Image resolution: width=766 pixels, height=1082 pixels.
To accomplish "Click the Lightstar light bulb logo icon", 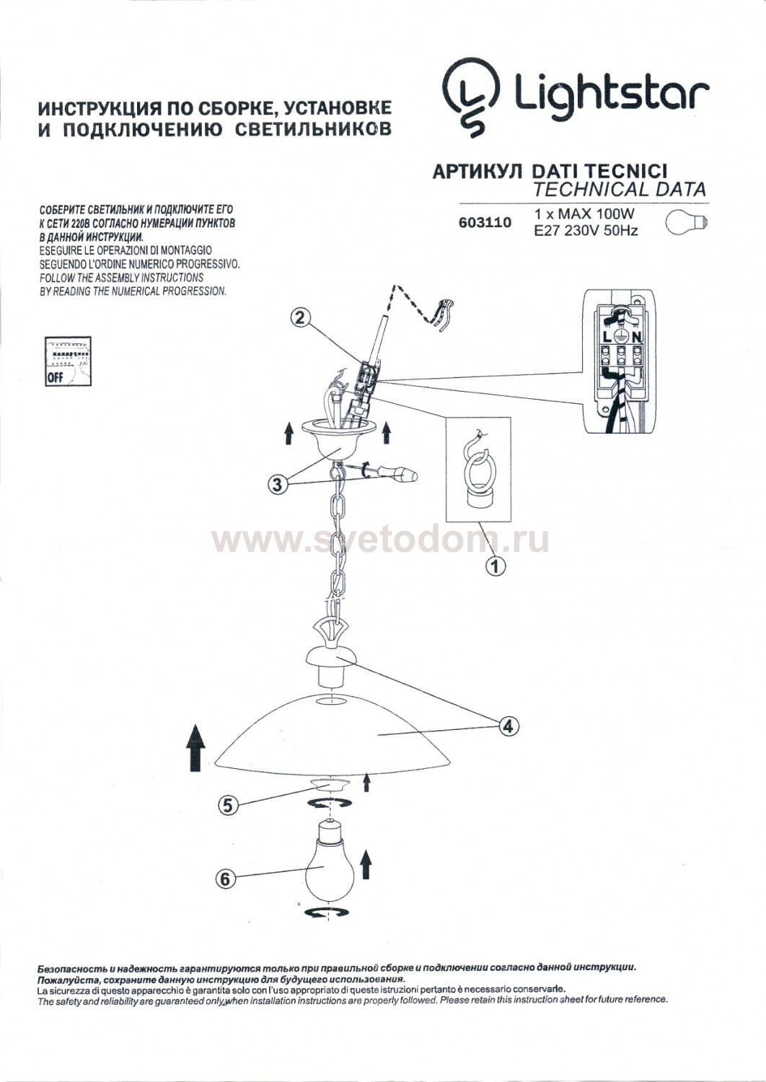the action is click(x=472, y=96).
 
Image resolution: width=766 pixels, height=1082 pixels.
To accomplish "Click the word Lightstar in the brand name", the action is click(x=612, y=95).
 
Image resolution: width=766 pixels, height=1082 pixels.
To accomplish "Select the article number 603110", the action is click(x=485, y=223).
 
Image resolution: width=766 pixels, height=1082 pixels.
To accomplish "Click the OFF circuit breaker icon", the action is click(x=68, y=361).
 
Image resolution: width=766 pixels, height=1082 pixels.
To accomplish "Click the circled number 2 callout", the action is click(x=300, y=318).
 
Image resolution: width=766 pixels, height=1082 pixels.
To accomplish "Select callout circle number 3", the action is click(x=277, y=484).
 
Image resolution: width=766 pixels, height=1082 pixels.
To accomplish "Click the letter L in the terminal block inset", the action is click(x=606, y=337).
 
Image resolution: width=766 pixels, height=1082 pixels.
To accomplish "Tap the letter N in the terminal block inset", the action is click(x=637, y=337).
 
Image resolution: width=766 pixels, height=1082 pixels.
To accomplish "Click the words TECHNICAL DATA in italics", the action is click(x=619, y=189).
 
